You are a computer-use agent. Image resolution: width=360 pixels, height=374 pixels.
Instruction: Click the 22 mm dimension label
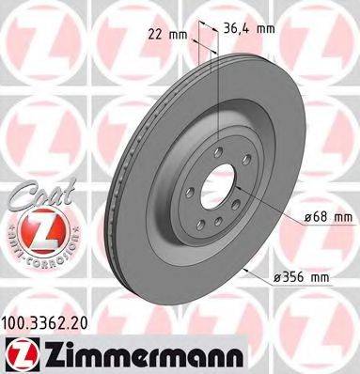[166, 34]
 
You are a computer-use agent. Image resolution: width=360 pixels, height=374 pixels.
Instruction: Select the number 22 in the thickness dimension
[157, 34]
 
